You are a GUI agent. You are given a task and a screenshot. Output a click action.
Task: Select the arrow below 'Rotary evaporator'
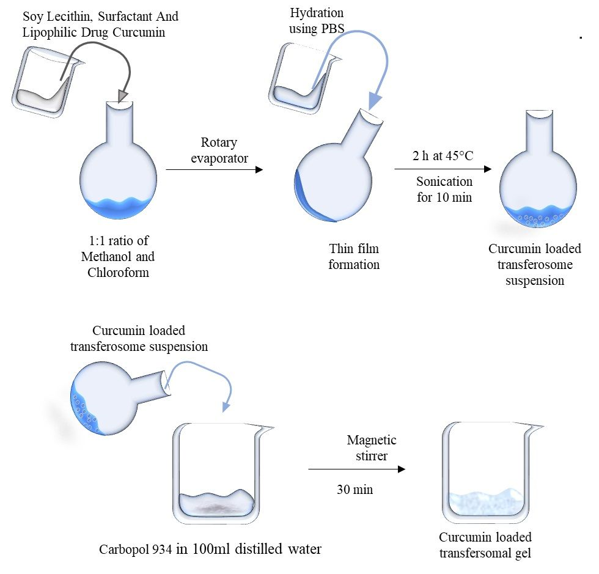(214, 169)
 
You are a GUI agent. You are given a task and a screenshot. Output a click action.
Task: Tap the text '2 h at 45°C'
(443, 155)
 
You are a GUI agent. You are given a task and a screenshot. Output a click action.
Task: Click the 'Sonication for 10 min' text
(444, 189)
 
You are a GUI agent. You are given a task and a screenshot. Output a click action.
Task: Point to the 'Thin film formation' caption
(354, 257)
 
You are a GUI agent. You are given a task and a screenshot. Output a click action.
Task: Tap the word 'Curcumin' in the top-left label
(142, 32)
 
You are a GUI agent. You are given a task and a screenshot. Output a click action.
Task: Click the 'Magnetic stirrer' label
(372, 447)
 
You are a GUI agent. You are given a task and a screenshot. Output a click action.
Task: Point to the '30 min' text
(355, 490)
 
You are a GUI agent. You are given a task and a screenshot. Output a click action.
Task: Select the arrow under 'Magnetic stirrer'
(356, 469)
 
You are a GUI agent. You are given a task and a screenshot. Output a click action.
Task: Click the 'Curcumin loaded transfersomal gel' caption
(485, 545)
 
